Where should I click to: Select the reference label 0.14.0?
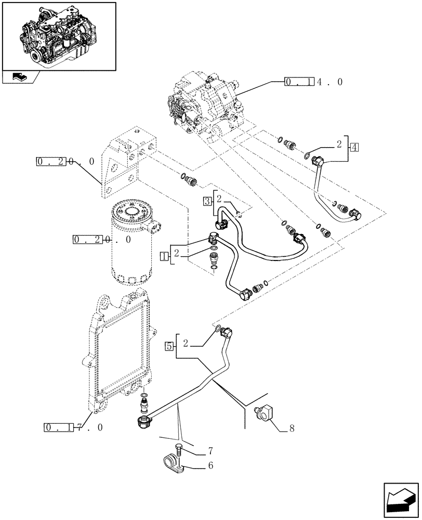click(x=313, y=82)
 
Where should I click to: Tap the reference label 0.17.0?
click(x=73, y=427)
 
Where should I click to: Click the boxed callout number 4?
click(x=354, y=147)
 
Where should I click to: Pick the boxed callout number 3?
click(x=207, y=200)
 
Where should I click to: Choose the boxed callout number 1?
click(x=164, y=255)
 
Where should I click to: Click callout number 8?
click(x=292, y=429)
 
